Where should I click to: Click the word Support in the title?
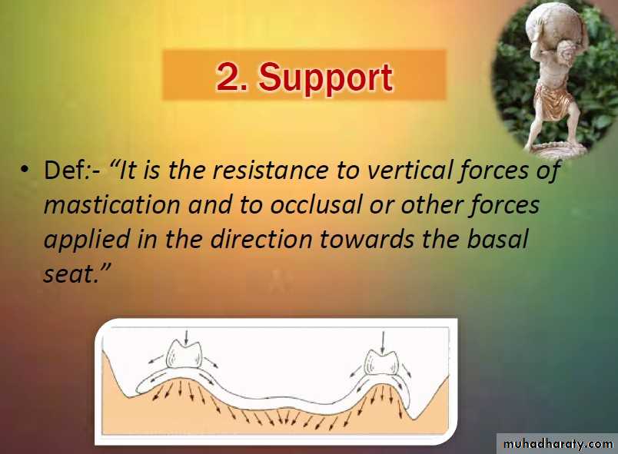(x=326, y=78)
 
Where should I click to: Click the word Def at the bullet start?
(x=64, y=170)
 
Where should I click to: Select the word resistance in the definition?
(x=271, y=170)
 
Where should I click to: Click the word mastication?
(x=111, y=205)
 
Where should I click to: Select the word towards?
(x=367, y=239)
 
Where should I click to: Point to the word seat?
(x=68, y=274)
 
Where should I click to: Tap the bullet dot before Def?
(x=25, y=170)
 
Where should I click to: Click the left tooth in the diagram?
(x=184, y=354)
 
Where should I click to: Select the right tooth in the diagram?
(x=380, y=360)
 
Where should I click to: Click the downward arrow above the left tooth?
(x=187, y=336)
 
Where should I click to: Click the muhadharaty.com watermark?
(x=558, y=444)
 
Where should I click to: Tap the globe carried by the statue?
(x=555, y=25)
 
